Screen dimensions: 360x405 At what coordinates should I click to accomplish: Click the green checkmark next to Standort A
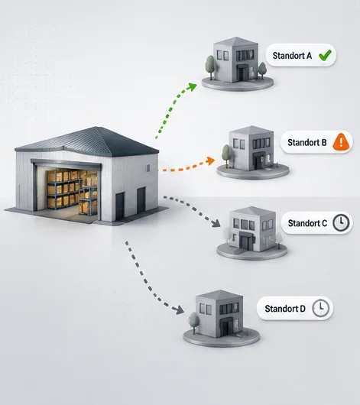click(325, 55)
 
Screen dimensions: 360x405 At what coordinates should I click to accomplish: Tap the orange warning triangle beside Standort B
click(341, 141)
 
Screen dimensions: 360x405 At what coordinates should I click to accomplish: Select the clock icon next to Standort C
click(341, 222)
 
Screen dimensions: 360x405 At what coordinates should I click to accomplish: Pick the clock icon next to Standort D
click(321, 308)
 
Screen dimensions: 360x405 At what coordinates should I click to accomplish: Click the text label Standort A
click(292, 56)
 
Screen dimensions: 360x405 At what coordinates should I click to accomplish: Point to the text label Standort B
click(307, 142)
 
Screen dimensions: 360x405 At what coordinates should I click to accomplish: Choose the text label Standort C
click(307, 223)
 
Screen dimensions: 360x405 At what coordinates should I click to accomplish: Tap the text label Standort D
click(285, 309)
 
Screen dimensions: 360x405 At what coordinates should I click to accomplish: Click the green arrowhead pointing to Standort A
click(193, 87)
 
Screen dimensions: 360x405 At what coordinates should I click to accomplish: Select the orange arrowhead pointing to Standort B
click(211, 160)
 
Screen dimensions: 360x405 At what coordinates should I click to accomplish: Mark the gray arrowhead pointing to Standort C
click(216, 223)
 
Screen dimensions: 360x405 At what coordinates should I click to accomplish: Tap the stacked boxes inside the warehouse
click(72, 190)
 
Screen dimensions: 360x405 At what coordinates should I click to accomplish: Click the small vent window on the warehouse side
click(148, 168)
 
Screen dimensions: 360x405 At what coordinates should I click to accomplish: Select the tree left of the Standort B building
click(226, 155)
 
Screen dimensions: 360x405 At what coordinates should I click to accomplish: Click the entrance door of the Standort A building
click(242, 74)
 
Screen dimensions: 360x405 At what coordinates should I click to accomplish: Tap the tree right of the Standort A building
click(262, 70)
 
